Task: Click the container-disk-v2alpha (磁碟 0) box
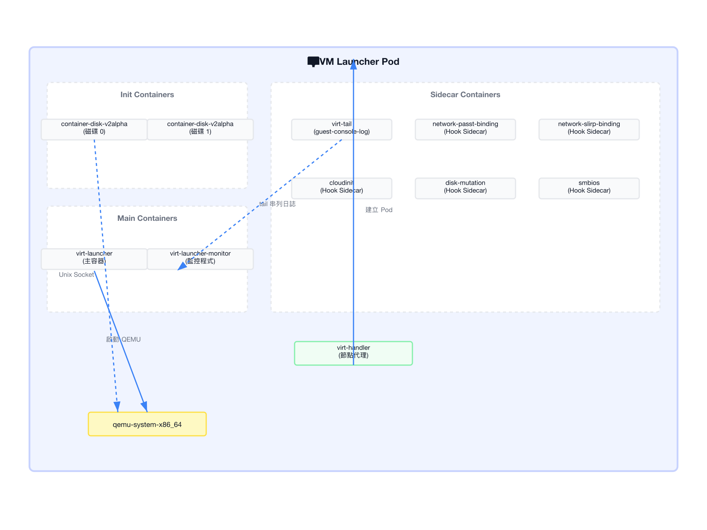pos(94,130)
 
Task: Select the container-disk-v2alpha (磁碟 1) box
pos(200,130)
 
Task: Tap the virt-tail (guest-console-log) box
pos(342,130)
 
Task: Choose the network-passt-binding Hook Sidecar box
pos(465,130)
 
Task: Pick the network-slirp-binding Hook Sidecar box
pos(589,130)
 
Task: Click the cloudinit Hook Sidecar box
pos(342,188)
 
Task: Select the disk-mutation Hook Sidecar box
pos(465,188)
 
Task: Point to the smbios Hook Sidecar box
pos(589,188)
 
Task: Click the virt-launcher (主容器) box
pos(94,259)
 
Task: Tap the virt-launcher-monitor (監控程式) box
pos(200,259)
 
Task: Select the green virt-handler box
pos(353,353)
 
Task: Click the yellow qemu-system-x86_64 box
pos(147,424)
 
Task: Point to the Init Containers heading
pos(147,95)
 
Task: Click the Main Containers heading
pos(147,218)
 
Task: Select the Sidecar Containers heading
pos(465,95)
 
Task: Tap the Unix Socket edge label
pos(77,275)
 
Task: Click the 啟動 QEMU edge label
pos(123,339)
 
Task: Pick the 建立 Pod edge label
pos(379,210)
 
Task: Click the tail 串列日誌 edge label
pos(277,204)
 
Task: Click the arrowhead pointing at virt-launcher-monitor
pos(182,266)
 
